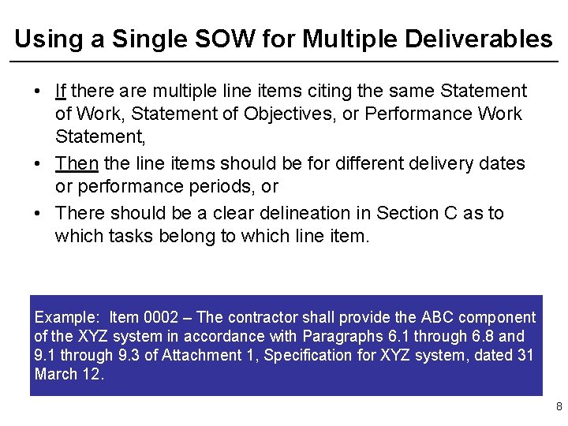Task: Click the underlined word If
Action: point(60,92)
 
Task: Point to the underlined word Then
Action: point(77,163)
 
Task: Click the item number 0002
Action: point(161,317)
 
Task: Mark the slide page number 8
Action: point(559,407)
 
